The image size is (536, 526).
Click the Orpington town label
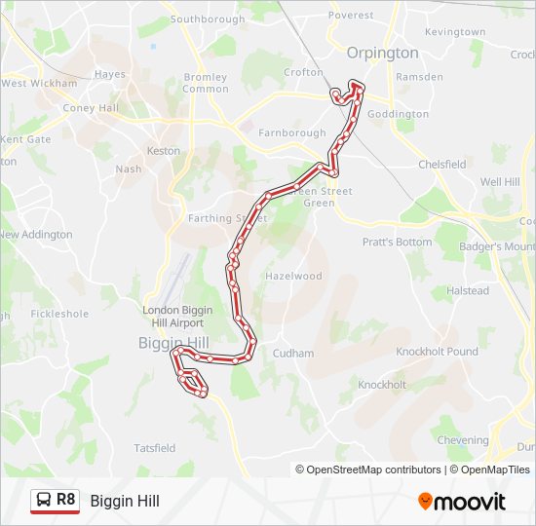(383, 53)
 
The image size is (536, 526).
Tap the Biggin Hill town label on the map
(173, 343)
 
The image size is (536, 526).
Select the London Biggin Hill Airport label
(173, 316)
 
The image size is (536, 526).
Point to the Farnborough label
(293, 132)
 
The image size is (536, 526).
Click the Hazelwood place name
(293, 276)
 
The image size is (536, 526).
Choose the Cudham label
(293, 354)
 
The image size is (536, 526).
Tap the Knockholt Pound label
(438, 352)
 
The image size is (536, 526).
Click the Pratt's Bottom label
(397, 242)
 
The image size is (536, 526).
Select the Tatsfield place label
(155, 448)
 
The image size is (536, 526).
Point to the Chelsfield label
(442, 165)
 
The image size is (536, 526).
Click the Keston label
(163, 151)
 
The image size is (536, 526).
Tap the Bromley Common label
(206, 83)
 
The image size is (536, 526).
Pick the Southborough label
(208, 19)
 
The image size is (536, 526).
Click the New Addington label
(36, 235)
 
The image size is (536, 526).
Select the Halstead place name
(468, 290)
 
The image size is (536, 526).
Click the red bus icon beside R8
(44, 501)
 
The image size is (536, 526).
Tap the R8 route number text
(65, 500)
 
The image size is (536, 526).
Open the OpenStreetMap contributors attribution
(368, 470)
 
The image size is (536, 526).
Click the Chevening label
(462, 440)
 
